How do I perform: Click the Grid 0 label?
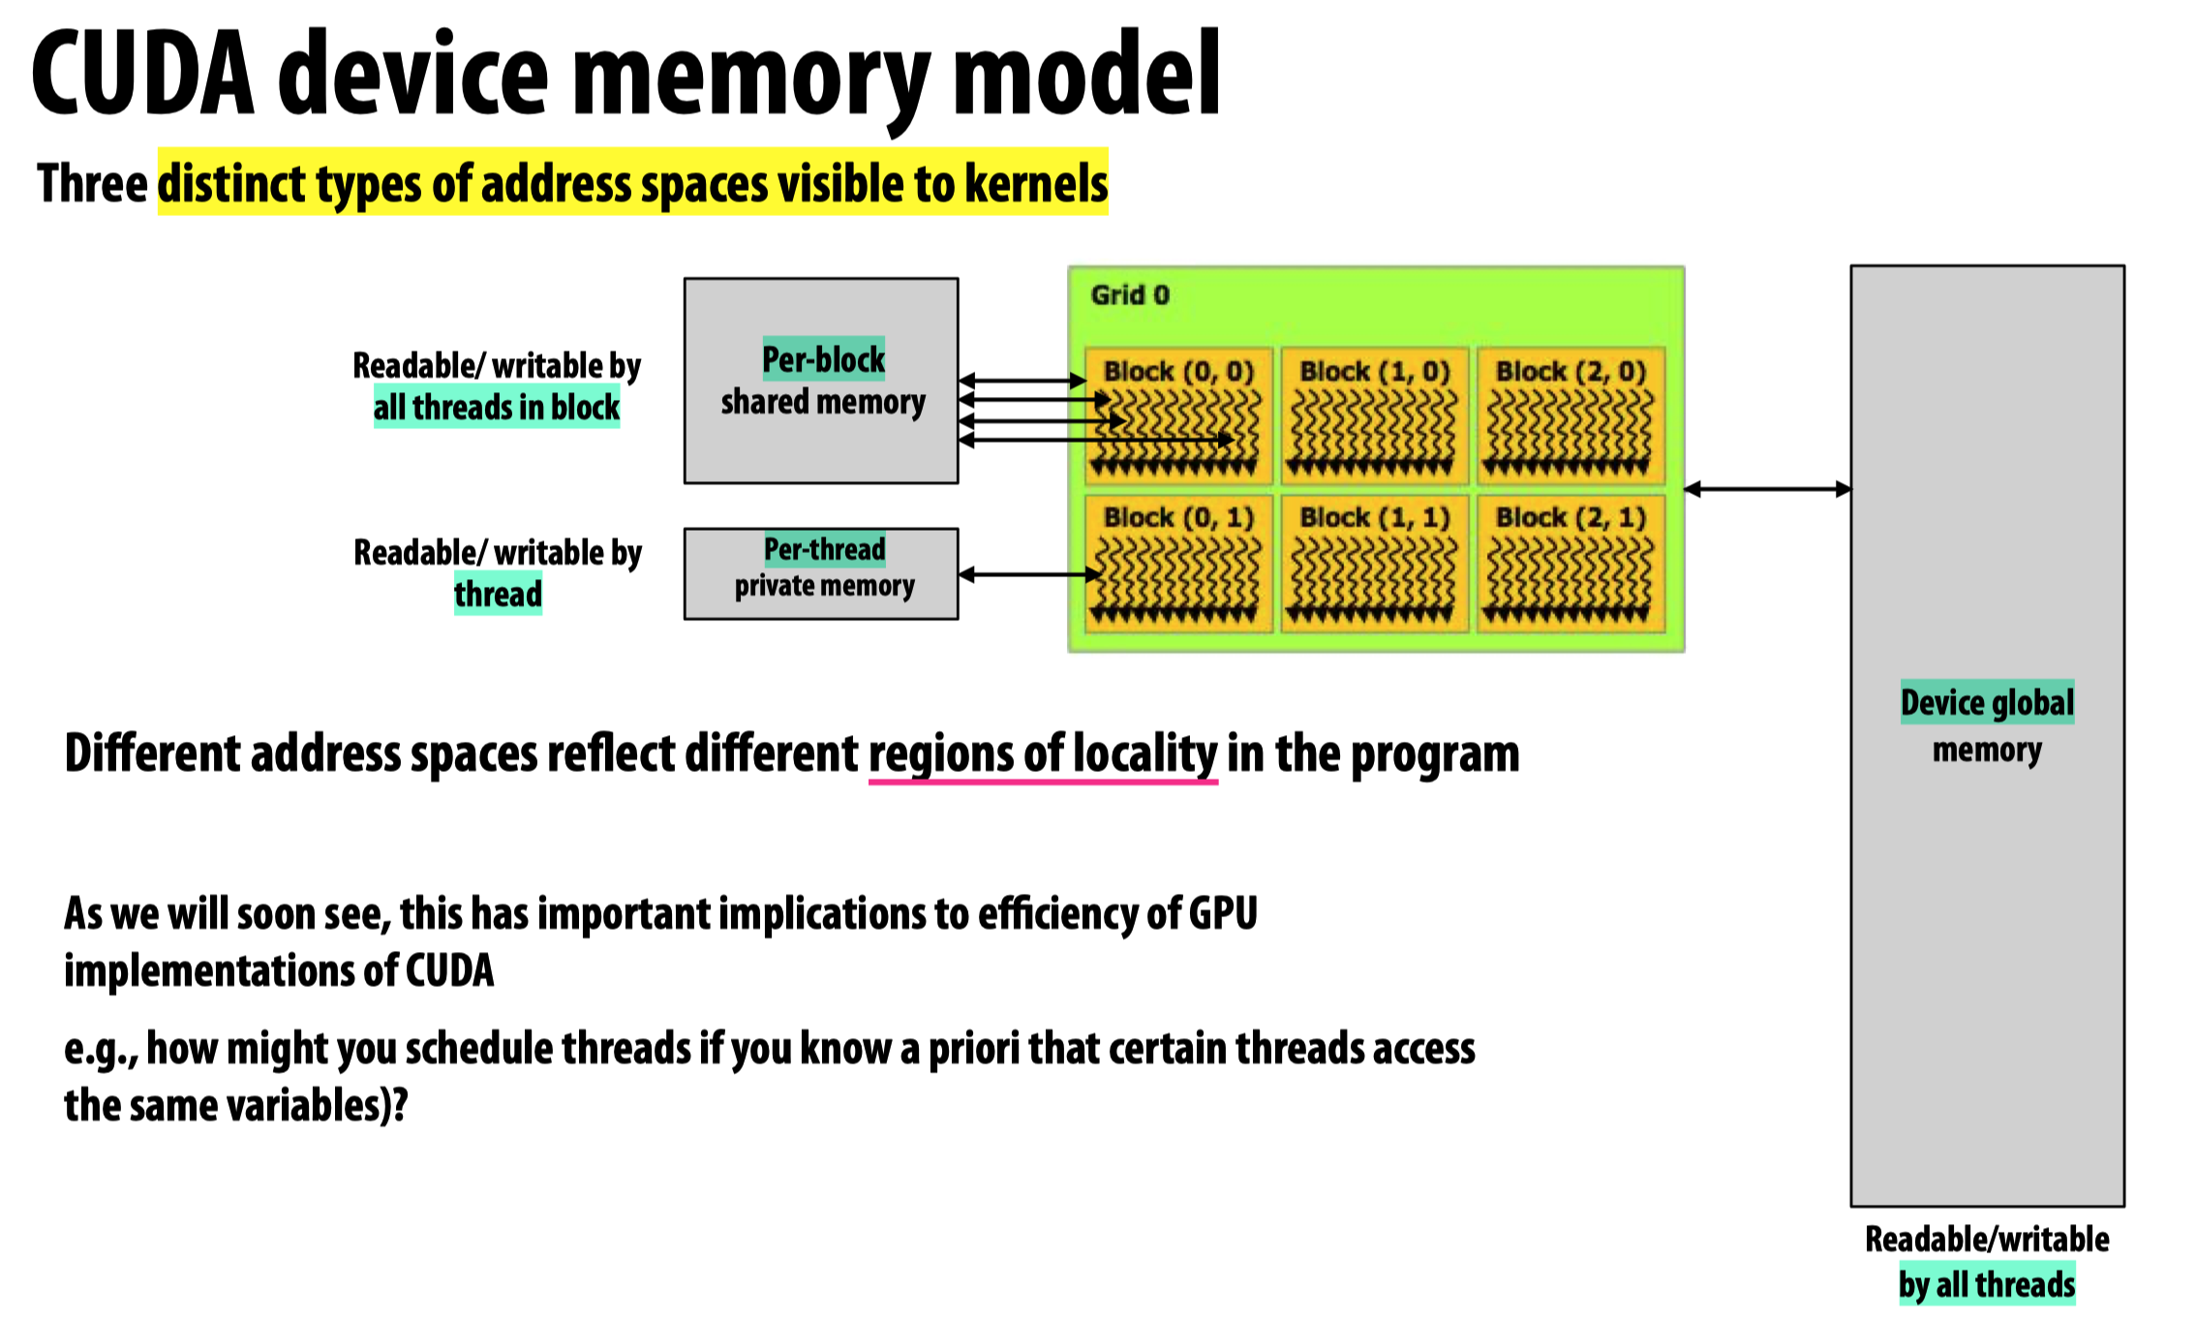click(1129, 294)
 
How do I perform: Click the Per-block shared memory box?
click(821, 381)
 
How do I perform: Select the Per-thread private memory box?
click(821, 573)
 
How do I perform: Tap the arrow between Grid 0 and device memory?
click(1767, 489)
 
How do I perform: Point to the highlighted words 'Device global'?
click(1987, 702)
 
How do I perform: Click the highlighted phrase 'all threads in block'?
click(497, 408)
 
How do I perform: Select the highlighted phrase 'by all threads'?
click(1987, 1284)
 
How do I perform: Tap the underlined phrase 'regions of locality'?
click(1043, 753)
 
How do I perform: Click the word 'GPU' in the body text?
click(1223, 913)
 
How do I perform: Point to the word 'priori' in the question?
click(973, 1049)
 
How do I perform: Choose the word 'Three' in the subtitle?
click(92, 183)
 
